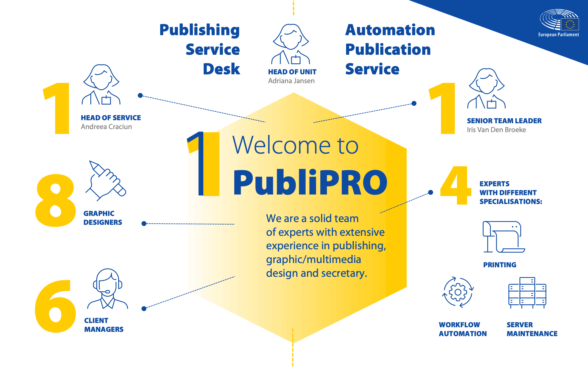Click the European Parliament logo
559,23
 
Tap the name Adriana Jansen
291,81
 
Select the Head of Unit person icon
291,44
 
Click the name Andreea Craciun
106,127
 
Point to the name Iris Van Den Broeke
496,130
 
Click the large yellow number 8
55,200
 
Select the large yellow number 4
455,185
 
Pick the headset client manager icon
107,289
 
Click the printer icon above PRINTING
503,237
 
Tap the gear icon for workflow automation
458,292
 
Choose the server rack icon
527,293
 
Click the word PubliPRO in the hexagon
310,183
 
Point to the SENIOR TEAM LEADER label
504,121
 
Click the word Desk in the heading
221,69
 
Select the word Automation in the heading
390,30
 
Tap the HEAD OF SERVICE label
111,118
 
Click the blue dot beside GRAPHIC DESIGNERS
144,224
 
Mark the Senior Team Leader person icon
487,89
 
